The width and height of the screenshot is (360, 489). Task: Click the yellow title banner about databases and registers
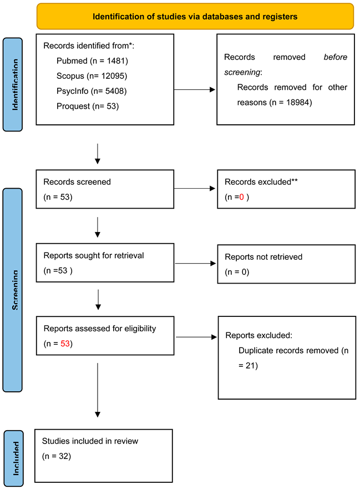click(195, 17)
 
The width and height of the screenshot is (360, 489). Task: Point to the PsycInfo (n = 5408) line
click(94, 90)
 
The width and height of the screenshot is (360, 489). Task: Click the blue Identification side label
click(13, 84)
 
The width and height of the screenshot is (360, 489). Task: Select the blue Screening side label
click(13, 290)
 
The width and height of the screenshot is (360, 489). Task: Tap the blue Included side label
click(13, 458)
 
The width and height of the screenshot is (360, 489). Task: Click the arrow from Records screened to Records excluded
click(195, 189)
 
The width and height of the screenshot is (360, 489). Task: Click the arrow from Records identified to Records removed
click(195, 89)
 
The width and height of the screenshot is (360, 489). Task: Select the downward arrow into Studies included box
click(98, 389)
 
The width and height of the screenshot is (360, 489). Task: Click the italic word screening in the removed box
click(242, 72)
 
